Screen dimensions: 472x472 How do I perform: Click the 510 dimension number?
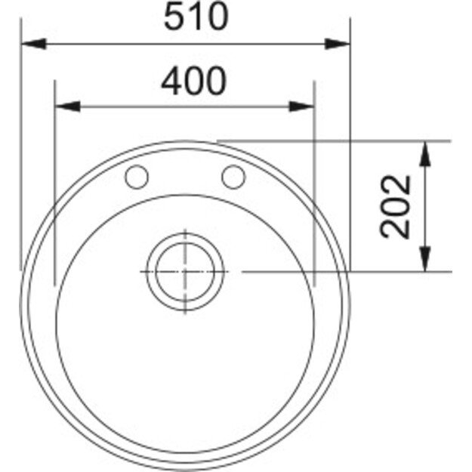coord(196,17)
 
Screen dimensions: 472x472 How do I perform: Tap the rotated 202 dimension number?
coord(396,206)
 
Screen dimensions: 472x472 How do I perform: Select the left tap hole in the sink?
coord(137,177)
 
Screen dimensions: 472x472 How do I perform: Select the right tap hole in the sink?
coord(233,177)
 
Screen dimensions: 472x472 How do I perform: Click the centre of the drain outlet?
coord(185,271)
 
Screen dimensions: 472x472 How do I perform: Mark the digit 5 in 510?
coord(174,17)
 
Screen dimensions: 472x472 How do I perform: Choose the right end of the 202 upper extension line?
coord(451,141)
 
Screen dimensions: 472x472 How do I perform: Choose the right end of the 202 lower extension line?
coord(451,271)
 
